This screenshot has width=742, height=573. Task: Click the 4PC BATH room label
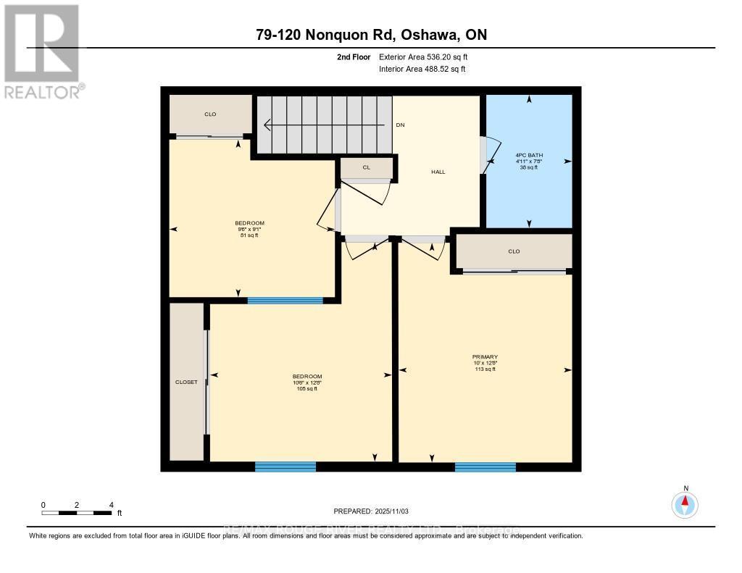[x=529, y=155]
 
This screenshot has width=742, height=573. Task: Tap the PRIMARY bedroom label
[x=485, y=356]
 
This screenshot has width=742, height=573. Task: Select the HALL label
[x=438, y=172]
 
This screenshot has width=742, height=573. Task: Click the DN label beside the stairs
[x=400, y=125]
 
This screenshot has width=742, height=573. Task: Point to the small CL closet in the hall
[x=367, y=167]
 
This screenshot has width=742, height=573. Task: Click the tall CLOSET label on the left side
[x=186, y=382]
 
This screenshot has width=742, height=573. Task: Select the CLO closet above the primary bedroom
[x=514, y=251]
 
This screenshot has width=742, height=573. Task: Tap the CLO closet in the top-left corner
[x=210, y=114]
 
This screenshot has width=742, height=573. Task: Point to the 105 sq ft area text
[x=307, y=389]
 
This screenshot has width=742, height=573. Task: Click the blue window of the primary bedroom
[x=485, y=467]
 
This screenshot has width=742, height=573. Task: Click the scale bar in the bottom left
[x=77, y=513]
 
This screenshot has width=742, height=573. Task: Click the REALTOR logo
[x=42, y=51]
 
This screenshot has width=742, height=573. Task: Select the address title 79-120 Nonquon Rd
[x=370, y=35]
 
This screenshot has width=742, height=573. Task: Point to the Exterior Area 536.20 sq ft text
[x=428, y=57]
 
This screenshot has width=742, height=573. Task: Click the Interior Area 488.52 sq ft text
[x=422, y=70]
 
